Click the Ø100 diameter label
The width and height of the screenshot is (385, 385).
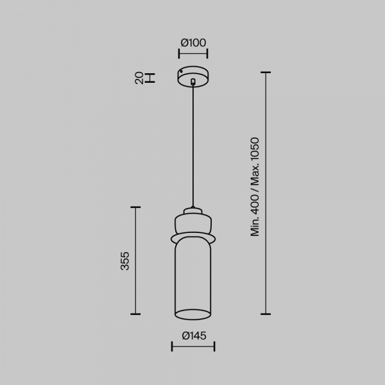click(193, 43)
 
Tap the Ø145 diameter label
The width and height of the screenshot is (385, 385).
click(194, 336)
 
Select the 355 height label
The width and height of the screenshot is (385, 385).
click(124, 261)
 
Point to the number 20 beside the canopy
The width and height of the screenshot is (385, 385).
click(139, 78)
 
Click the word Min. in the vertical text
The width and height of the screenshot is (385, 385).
click(255, 227)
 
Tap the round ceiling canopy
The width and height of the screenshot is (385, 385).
click(193, 76)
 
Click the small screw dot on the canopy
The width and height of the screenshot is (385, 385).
click(181, 72)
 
